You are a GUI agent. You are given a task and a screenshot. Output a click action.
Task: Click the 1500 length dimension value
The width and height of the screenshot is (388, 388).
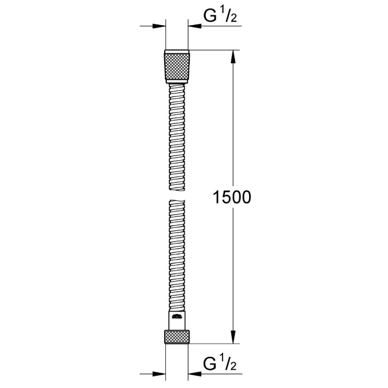(x=232, y=197)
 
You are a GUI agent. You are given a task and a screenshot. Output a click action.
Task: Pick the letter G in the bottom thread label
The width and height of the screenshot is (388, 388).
(x=211, y=364)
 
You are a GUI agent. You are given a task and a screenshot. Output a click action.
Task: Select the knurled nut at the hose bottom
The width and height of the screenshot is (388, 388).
(x=177, y=337)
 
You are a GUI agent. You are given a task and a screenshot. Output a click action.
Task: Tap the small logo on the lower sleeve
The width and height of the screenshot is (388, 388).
(x=177, y=317)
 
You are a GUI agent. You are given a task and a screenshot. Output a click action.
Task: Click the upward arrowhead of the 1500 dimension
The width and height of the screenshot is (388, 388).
(x=233, y=56)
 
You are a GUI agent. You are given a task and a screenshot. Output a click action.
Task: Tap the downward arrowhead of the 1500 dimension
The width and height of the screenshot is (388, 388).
(x=233, y=337)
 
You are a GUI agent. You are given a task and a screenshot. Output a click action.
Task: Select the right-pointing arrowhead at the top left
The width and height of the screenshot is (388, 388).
(x=159, y=26)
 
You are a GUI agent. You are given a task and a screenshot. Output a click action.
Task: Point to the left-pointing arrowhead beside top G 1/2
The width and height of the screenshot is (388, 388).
(x=195, y=26)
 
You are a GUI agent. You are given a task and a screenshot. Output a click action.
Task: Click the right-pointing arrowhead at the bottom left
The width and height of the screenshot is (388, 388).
(x=159, y=374)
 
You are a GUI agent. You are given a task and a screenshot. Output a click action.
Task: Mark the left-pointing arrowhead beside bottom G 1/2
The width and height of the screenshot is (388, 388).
(x=195, y=374)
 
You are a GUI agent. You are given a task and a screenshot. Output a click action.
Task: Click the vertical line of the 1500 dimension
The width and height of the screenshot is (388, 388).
(x=233, y=136)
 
